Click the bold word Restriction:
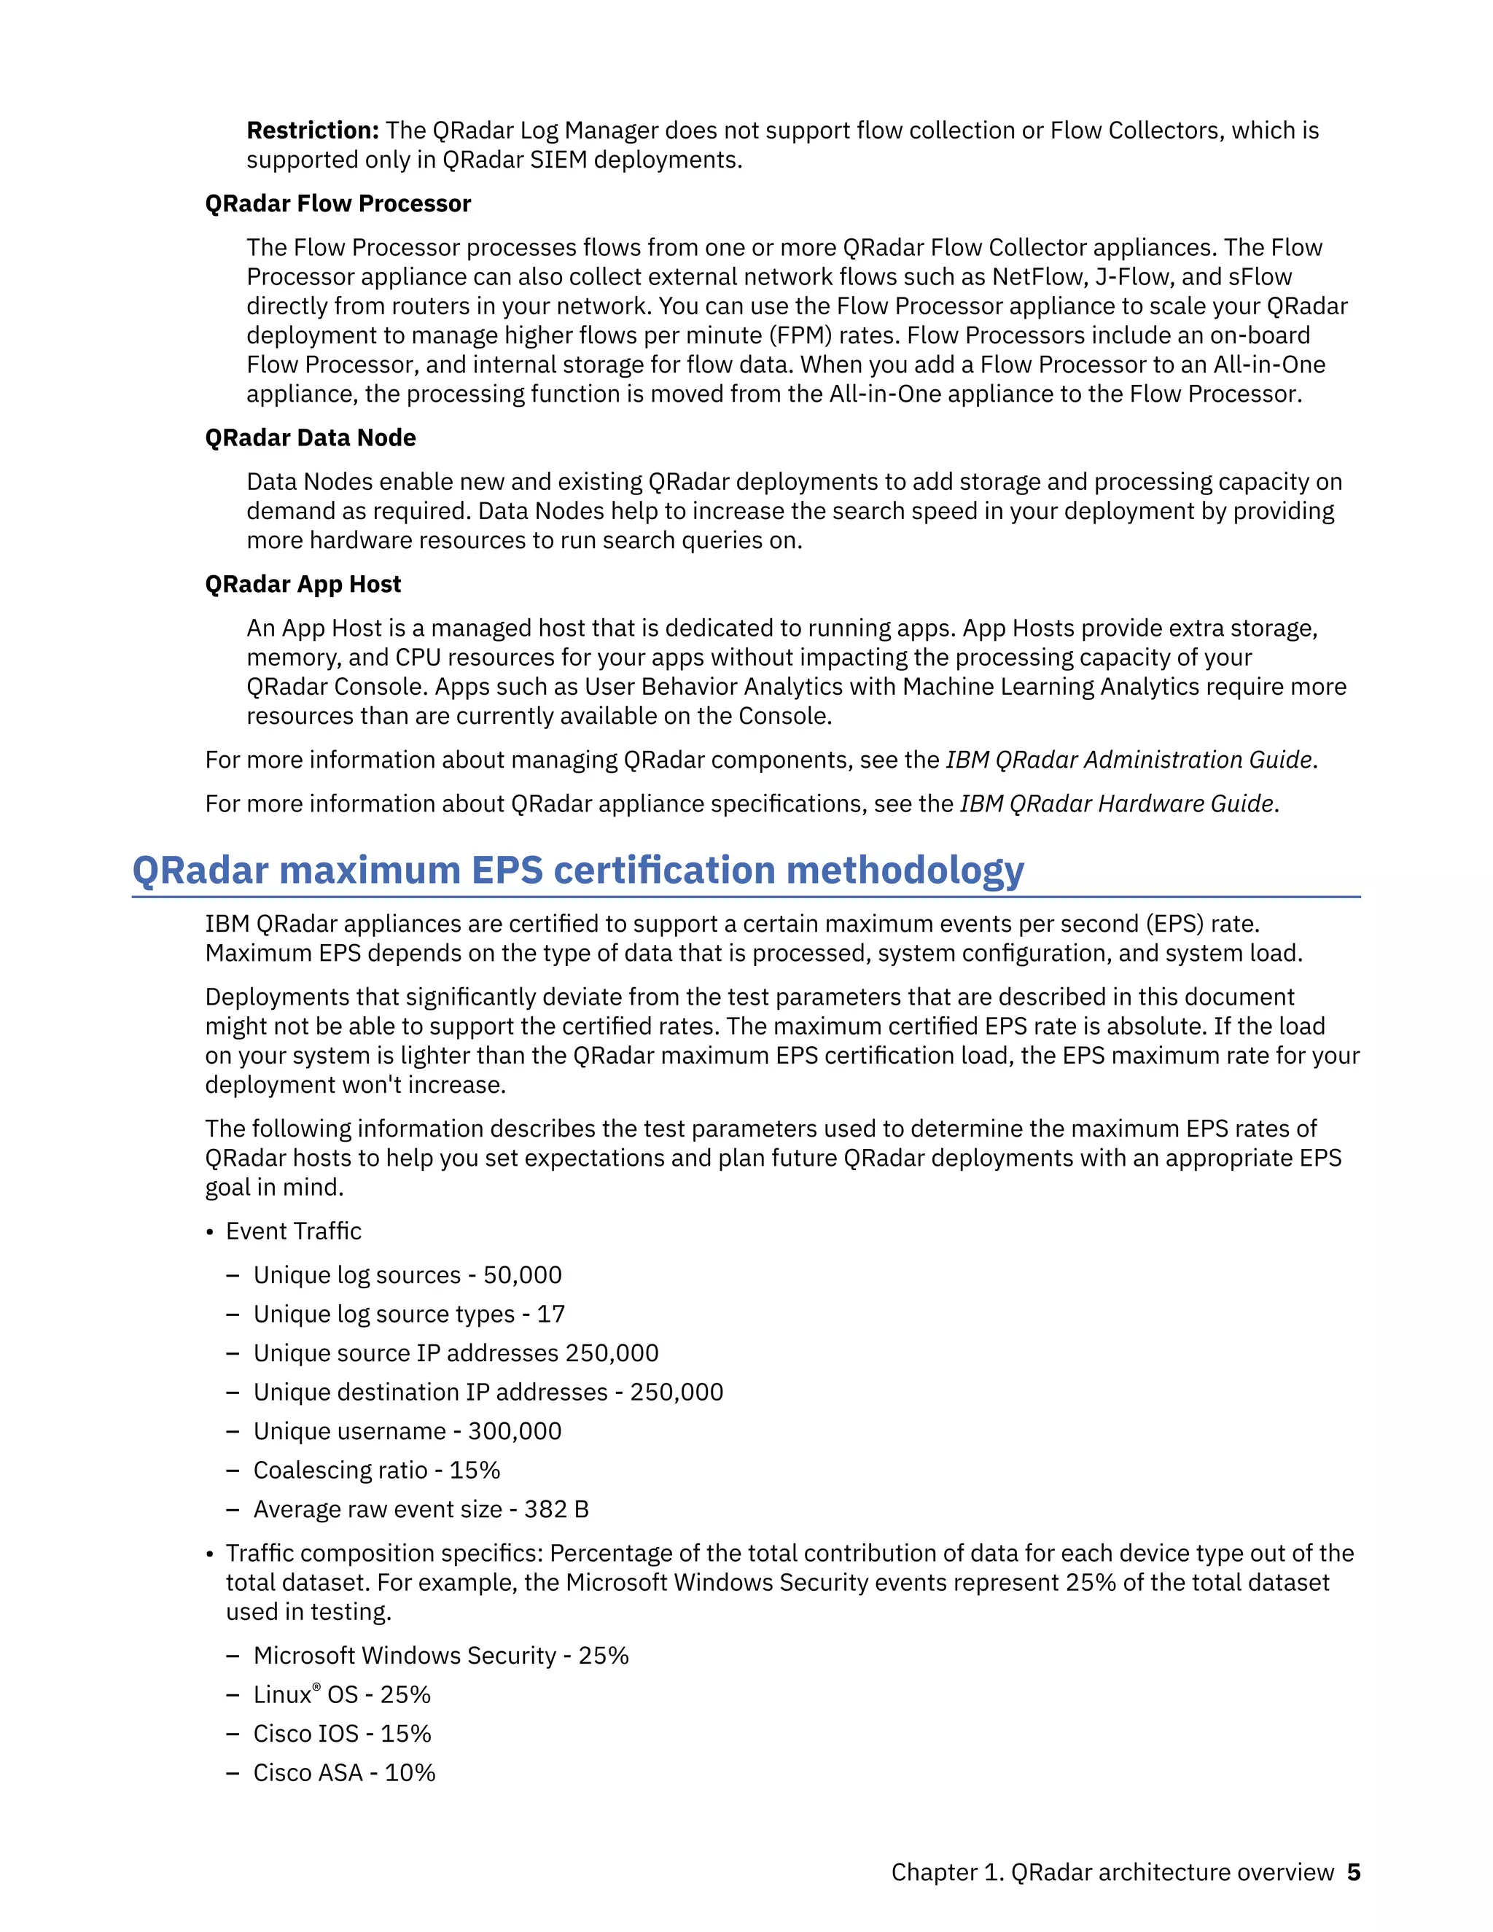[312, 131]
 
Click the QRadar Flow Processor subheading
[338, 203]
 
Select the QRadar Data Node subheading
[311, 438]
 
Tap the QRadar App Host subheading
[303, 584]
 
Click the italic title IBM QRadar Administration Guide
[1129, 760]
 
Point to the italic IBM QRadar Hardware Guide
[1117, 803]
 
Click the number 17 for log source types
[550, 1314]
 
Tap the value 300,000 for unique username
[515, 1430]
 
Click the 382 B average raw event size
[556, 1508]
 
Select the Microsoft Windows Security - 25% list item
[440, 1655]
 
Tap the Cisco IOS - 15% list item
[343, 1733]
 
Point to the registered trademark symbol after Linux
[316, 1687]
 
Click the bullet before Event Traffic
[211, 1232]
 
